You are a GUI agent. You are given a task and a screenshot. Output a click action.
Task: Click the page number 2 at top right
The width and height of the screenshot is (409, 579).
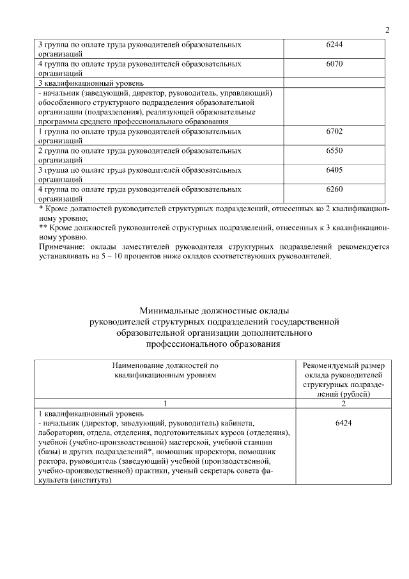(387, 30)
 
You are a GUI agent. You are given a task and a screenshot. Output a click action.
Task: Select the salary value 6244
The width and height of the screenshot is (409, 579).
(334, 46)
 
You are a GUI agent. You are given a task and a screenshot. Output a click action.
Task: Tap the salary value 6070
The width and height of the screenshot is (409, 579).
(334, 65)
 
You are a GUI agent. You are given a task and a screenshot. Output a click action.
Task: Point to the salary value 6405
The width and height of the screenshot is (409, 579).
(334, 170)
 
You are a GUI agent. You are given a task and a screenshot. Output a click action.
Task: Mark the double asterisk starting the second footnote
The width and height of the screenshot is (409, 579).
(43, 226)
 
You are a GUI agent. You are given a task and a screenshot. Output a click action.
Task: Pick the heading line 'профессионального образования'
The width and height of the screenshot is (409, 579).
(213, 344)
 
